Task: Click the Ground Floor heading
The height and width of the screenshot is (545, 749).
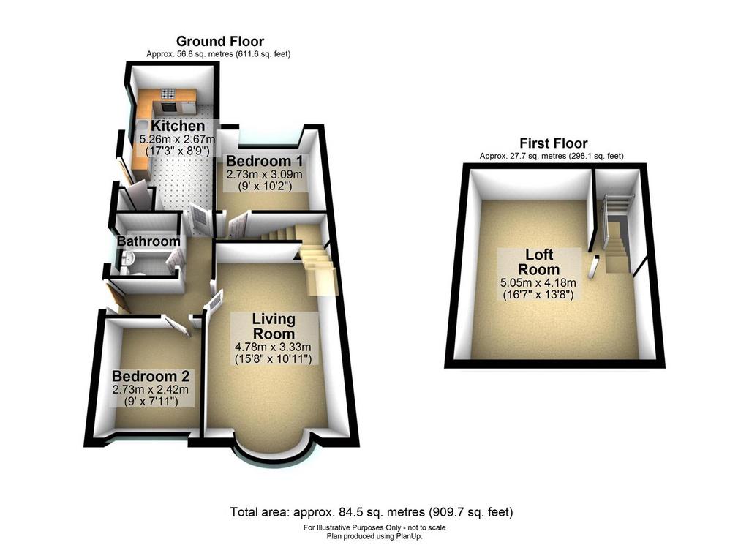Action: pos(219,41)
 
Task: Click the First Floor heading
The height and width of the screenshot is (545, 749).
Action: pos(553,143)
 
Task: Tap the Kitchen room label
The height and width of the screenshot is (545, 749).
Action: pos(178,126)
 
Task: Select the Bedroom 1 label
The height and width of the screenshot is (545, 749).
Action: pos(265,160)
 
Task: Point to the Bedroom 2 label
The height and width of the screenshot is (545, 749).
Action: pos(151,376)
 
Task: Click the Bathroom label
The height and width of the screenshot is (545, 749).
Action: pos(148,241)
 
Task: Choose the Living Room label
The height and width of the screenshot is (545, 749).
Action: pos(274,326)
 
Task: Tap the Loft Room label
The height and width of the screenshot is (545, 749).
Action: pos(539,261)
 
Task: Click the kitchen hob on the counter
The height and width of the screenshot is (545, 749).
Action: pos(168,94)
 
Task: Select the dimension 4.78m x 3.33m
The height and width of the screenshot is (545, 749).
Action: pos(274,347)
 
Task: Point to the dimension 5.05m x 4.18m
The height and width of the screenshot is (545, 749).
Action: pos(538,282)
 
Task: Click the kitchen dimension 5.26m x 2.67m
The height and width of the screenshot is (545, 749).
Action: pos(177,140)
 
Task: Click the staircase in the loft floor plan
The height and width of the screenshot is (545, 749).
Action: pos(617,233)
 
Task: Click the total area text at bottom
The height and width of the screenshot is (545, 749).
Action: pos(372,512)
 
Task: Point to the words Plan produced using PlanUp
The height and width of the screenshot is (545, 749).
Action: pos(374,536)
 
